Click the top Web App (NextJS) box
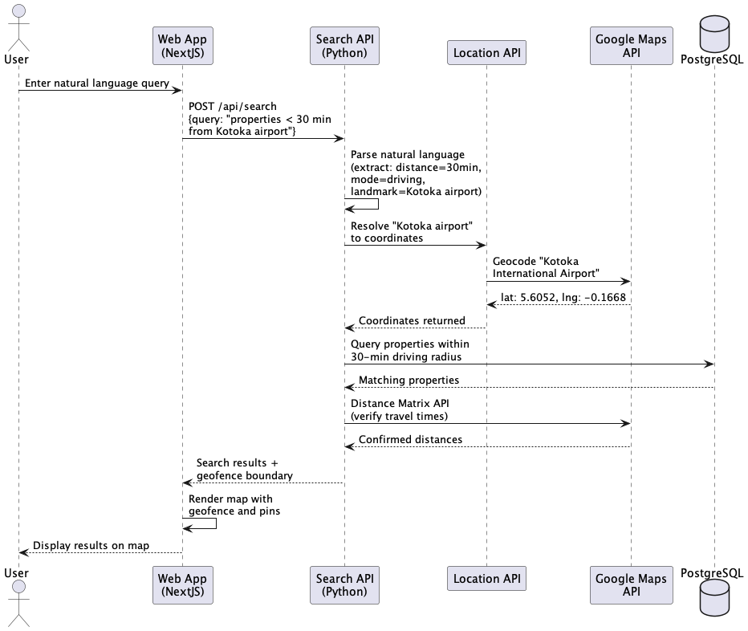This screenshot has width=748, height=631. (181, 46)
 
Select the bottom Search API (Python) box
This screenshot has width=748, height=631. (344, 585)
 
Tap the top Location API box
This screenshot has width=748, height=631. (486, 53)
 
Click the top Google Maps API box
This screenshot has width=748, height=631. (630, 46)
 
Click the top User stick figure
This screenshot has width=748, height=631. (18, 24)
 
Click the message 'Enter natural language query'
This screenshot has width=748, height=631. (96, 83)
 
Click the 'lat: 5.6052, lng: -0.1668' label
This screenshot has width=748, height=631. (563, 297)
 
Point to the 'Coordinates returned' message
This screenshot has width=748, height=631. (412, 320)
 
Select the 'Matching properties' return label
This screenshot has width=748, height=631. (409, 380)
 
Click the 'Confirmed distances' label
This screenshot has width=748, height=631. (410, 439)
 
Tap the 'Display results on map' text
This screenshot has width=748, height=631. (91, 545)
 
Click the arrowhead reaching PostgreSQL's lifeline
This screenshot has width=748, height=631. (709, 364)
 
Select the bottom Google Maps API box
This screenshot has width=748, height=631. (630, 585)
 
